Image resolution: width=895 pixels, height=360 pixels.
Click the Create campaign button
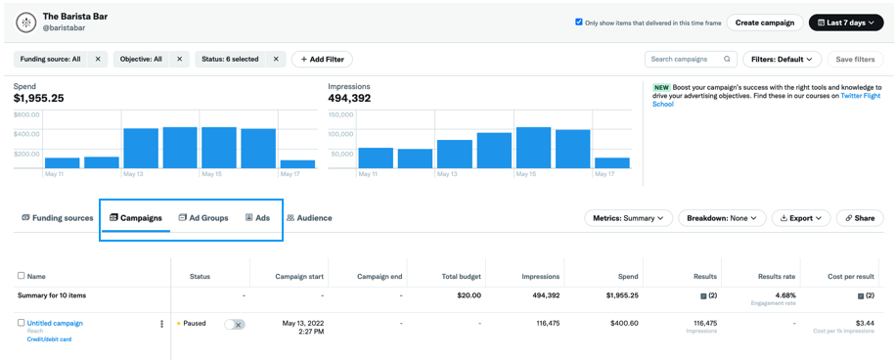765,22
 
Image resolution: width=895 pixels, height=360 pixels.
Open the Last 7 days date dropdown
846,22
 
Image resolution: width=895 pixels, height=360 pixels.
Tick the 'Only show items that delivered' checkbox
579,22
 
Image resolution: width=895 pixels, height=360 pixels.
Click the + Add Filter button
322,59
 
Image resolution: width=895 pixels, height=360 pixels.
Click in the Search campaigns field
685,59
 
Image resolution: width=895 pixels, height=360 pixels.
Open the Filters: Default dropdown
782,59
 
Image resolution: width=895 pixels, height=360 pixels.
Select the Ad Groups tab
203,218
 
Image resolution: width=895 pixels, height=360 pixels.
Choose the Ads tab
257,218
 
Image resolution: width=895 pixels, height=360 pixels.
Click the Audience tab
309,218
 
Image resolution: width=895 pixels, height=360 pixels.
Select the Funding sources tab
58,218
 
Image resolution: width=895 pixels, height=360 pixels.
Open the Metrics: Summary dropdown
628,218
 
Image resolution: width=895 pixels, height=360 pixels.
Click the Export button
800,218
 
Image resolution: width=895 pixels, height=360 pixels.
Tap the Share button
860,218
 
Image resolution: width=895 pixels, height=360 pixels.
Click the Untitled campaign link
55,323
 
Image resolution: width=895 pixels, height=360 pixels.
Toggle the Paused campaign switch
234,324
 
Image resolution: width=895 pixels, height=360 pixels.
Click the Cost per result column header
850,277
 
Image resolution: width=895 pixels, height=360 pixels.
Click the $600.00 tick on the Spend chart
26,114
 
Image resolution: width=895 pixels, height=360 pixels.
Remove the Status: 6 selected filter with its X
276,59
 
